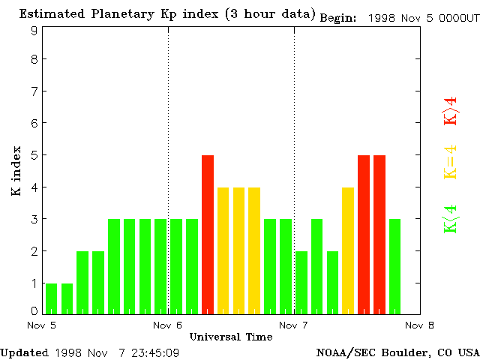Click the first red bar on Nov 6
208,234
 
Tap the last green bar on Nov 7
394,265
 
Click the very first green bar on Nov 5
51,298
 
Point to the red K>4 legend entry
451,112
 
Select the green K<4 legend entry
451,219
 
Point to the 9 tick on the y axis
34,30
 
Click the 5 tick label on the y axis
34,155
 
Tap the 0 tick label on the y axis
34,310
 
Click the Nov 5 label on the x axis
42,325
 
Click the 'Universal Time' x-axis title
231,337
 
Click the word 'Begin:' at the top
339,17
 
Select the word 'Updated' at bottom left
24,352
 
